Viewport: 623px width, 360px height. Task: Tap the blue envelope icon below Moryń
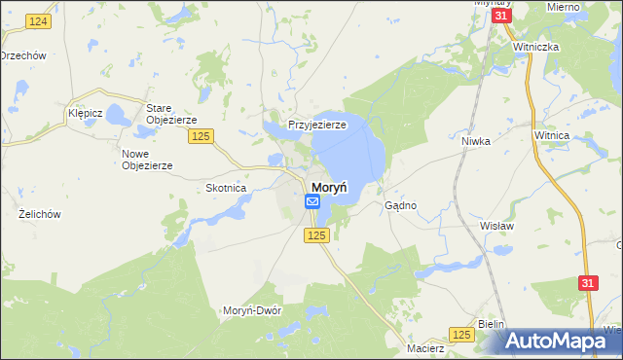(x=312, y=201)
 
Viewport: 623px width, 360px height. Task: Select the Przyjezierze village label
(x=317, y=126)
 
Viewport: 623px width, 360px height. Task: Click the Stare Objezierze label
(x=171, y=114)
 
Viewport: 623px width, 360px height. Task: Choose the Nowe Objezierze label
(x=147, y=160)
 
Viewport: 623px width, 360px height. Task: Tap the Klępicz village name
(x=86, y=113)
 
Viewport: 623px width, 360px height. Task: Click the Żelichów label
(x=40, y=213)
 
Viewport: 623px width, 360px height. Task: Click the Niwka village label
(x=475, y=141)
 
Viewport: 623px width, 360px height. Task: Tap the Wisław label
(x=495, y=225)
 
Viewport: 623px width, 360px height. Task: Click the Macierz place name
(x=426, y=347)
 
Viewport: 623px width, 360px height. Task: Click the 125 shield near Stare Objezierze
(x=202, y=136)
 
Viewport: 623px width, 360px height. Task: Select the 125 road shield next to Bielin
(x=462, y=334)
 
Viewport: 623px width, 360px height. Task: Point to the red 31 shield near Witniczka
(x=500, y=18)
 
